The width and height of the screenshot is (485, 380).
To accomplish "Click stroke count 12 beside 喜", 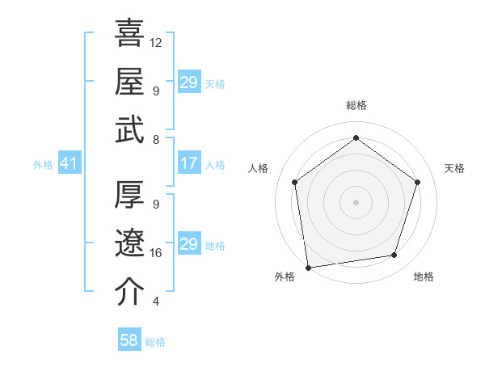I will click(156, 42).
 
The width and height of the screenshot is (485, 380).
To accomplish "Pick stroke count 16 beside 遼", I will click(156, 253).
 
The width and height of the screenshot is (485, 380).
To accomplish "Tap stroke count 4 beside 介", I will click(155, 302).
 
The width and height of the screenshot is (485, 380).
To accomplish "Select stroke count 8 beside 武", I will click(155, 139).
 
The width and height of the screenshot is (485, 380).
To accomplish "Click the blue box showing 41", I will click(69, 164).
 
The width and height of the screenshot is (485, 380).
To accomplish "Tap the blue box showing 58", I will click(129, 341).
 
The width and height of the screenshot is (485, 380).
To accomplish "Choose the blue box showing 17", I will click(188, 164).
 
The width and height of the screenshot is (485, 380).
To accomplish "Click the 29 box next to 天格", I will click(188, 82).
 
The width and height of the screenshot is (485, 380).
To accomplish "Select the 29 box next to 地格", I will click(188, 244).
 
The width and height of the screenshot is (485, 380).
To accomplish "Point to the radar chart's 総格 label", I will click(356, 105).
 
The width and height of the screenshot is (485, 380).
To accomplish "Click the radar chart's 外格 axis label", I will click(285, 277).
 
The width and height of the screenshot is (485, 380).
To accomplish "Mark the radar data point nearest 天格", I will click(418, 182).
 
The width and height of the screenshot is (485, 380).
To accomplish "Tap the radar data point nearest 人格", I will click(294, 182).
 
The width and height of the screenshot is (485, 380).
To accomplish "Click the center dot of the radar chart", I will click(356, 201).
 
